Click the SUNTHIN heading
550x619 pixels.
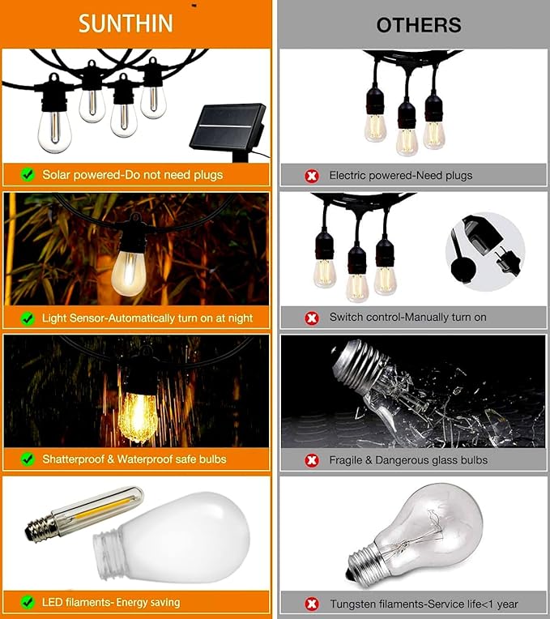click(126, 23)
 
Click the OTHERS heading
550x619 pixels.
click(418, 25)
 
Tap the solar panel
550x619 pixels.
click(228, 127)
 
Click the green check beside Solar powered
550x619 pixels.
click(28, 174)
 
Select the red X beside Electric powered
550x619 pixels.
click(311, 175)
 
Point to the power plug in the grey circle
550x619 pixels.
click(485, 247)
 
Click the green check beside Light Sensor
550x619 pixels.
click(28, 318)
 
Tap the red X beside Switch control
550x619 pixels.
click(311, 318)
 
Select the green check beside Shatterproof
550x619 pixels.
click(28, 459)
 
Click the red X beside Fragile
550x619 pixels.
click(311, 460)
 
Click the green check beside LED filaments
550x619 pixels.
click(28, 602)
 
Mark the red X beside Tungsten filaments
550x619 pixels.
click(311, 604)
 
